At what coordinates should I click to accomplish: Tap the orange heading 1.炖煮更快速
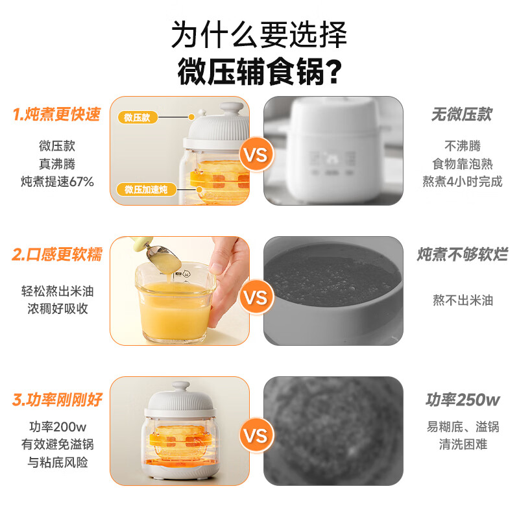(56, 114)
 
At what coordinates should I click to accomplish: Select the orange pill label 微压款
(138, 117)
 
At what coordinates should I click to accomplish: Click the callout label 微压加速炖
(146, 189)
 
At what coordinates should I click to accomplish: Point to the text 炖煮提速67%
(57, 182)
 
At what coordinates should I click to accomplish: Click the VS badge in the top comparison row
(256, 154)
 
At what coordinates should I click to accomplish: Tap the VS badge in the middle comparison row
(256, 297)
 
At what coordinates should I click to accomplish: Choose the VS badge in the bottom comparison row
(256, 435)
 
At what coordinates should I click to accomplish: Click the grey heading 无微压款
(462, 115)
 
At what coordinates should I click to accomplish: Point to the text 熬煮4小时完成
(463, 182)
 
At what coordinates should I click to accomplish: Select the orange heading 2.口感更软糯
(57, 254)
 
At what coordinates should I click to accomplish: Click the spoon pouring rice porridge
(159, 256)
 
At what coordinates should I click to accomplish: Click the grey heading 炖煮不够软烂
(462, 254)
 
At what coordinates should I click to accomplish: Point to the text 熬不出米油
(463, 300)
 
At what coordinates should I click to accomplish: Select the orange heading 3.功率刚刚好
(57, 400)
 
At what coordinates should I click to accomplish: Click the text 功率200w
(58, 427)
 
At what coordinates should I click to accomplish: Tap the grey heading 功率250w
(463, 400)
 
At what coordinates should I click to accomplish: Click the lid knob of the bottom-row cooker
(181, 387)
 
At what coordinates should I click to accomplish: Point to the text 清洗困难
(463, 444)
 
